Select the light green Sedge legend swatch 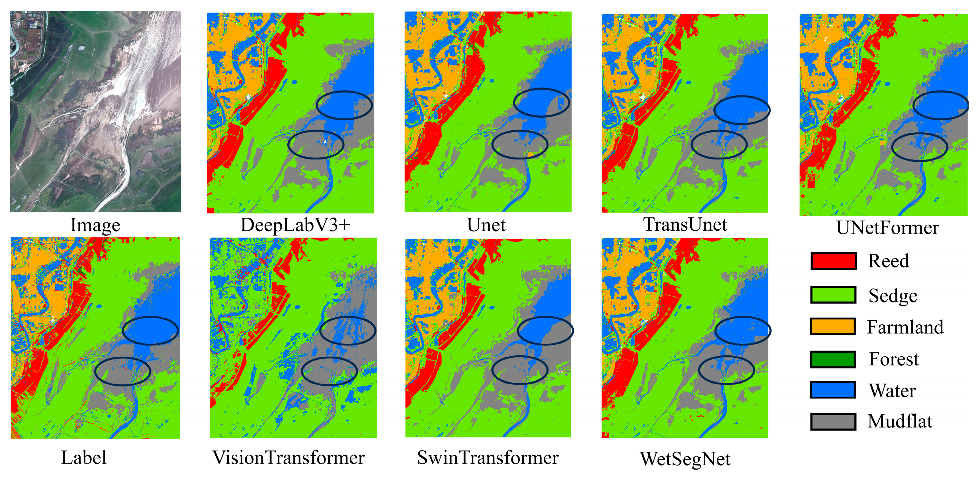[x=833, y=295]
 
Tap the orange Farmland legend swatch [x=832, y=327]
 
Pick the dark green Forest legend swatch [x=832, y=359]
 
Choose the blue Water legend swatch [x=832, y=390]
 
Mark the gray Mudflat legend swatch [x=833, y=421]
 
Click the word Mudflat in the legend [x=900, y=421]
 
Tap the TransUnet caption [x=685, y=224]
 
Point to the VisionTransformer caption [x=289, y=457]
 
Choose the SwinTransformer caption [x=488, y=457]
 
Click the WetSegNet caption [x=685, y=459]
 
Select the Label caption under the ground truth [x=84, y=457]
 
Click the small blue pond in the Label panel [x=99, y=306]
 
